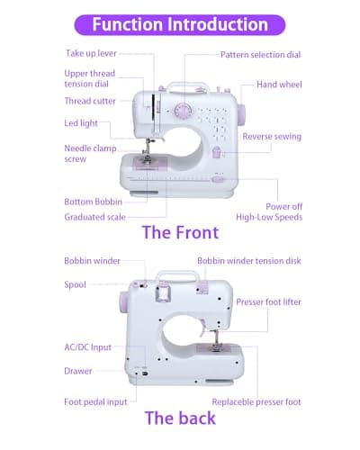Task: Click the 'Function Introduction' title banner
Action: click(x=180, y=24)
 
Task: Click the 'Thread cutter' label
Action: click(x=90, y=102)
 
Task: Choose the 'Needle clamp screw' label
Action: click(x=87, y=153)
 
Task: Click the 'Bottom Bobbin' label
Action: click(x=93, y=202)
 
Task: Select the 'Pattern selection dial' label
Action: click(x=261, y=55)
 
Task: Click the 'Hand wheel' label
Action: click(x=278, y=84)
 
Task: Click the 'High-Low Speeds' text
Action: click(x=268, y=217)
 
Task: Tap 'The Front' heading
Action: click(x=180, y=233)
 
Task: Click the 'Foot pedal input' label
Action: click(x=94, y=402)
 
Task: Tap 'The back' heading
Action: click(x=180, y=418)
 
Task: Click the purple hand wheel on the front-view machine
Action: click(x=241, y=112)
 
